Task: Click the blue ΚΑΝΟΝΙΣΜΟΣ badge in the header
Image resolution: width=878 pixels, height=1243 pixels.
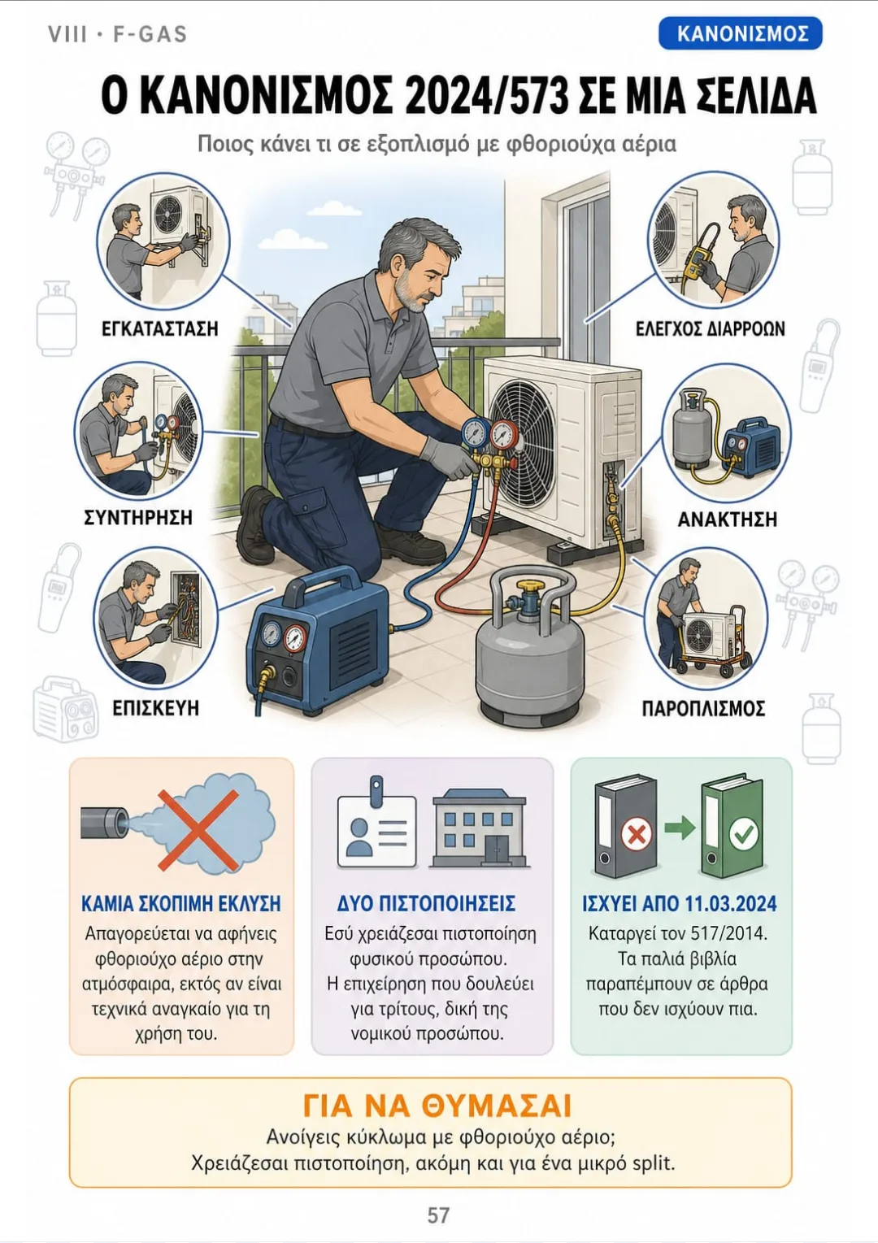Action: coord(740,33)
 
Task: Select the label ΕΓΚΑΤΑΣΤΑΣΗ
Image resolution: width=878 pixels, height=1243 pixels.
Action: coord(160,328)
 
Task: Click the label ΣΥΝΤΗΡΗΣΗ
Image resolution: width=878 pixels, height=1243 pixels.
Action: coord(138,517)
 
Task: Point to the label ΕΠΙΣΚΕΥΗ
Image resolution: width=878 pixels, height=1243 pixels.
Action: coord(155,708)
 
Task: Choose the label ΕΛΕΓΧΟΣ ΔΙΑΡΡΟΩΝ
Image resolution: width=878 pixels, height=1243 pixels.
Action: coord(711,328)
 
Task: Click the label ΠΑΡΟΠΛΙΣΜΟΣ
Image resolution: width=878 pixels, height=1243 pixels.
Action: coord(703,708)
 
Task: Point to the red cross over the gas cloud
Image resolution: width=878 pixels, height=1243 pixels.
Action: coord(198,830)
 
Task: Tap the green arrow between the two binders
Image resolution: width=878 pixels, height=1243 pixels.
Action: coord(680,828)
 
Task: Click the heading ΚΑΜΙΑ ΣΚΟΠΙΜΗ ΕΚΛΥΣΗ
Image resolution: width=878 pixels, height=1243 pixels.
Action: coord(181,904)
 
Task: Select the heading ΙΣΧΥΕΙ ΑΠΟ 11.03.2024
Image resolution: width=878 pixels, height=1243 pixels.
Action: coord(680,904)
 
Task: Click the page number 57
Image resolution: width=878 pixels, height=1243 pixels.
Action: coord(438,1215)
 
